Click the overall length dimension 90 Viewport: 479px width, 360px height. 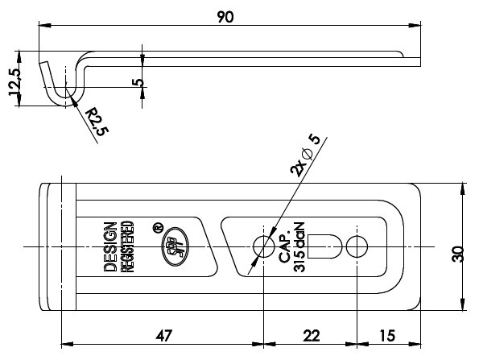click(x=225, y=17)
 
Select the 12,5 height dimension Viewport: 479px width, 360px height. click(x=14, y=81)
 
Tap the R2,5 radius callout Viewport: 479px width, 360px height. click(x=97, y=122)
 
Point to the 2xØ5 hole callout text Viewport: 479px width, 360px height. click(x=305, y=155)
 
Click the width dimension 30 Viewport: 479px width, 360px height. click(x=457, y=254)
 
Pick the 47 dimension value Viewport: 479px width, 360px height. click(x=164, y=336)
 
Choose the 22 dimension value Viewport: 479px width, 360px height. click(x=312, y=336)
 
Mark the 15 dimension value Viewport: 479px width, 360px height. click(x=387, y=336)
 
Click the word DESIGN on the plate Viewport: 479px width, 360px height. click(x=110, y=247)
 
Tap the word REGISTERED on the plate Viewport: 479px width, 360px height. click(x=127, y=246)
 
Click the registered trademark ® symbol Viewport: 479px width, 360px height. click(x=158, y=228)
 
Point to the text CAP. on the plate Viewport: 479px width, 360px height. click(x=284, y=248)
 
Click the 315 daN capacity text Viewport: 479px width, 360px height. click(x=299, y=247)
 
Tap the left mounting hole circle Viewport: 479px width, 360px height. click(x=263, y=246)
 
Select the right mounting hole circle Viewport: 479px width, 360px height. click(x=357, y=246)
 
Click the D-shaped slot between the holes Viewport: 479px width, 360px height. click(x=324, y=246)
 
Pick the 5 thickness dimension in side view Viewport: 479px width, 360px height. click(x=138, y=82)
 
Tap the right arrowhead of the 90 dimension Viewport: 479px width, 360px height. click(x=415, y=25)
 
